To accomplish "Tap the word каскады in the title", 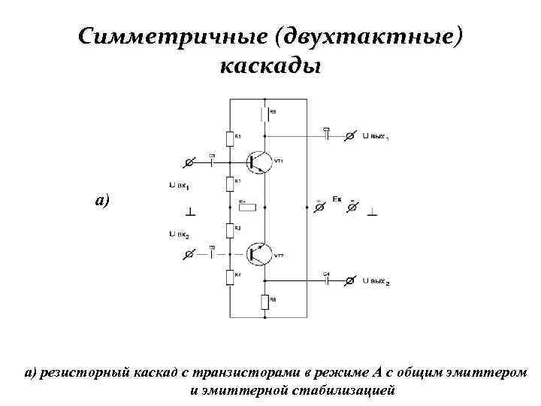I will [270, 66].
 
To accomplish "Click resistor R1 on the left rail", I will [229, 140].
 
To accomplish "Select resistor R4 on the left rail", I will [229, 277].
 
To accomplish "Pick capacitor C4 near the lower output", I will [326, 280].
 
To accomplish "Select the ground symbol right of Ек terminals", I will [373, 213].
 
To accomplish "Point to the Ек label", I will [337, 198].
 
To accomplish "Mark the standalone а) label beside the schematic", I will [102, 201].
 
